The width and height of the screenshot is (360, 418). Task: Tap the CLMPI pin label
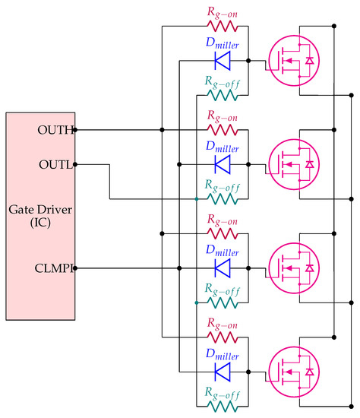click(55, 268)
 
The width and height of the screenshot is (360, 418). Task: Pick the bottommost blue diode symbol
click(223, 371)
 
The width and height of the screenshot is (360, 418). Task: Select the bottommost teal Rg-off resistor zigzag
click(222, 405)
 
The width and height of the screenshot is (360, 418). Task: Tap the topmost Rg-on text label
click(222, 10)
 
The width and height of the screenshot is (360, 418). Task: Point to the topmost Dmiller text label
click(222, 44)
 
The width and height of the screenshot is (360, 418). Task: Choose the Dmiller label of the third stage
click(222, 252)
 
